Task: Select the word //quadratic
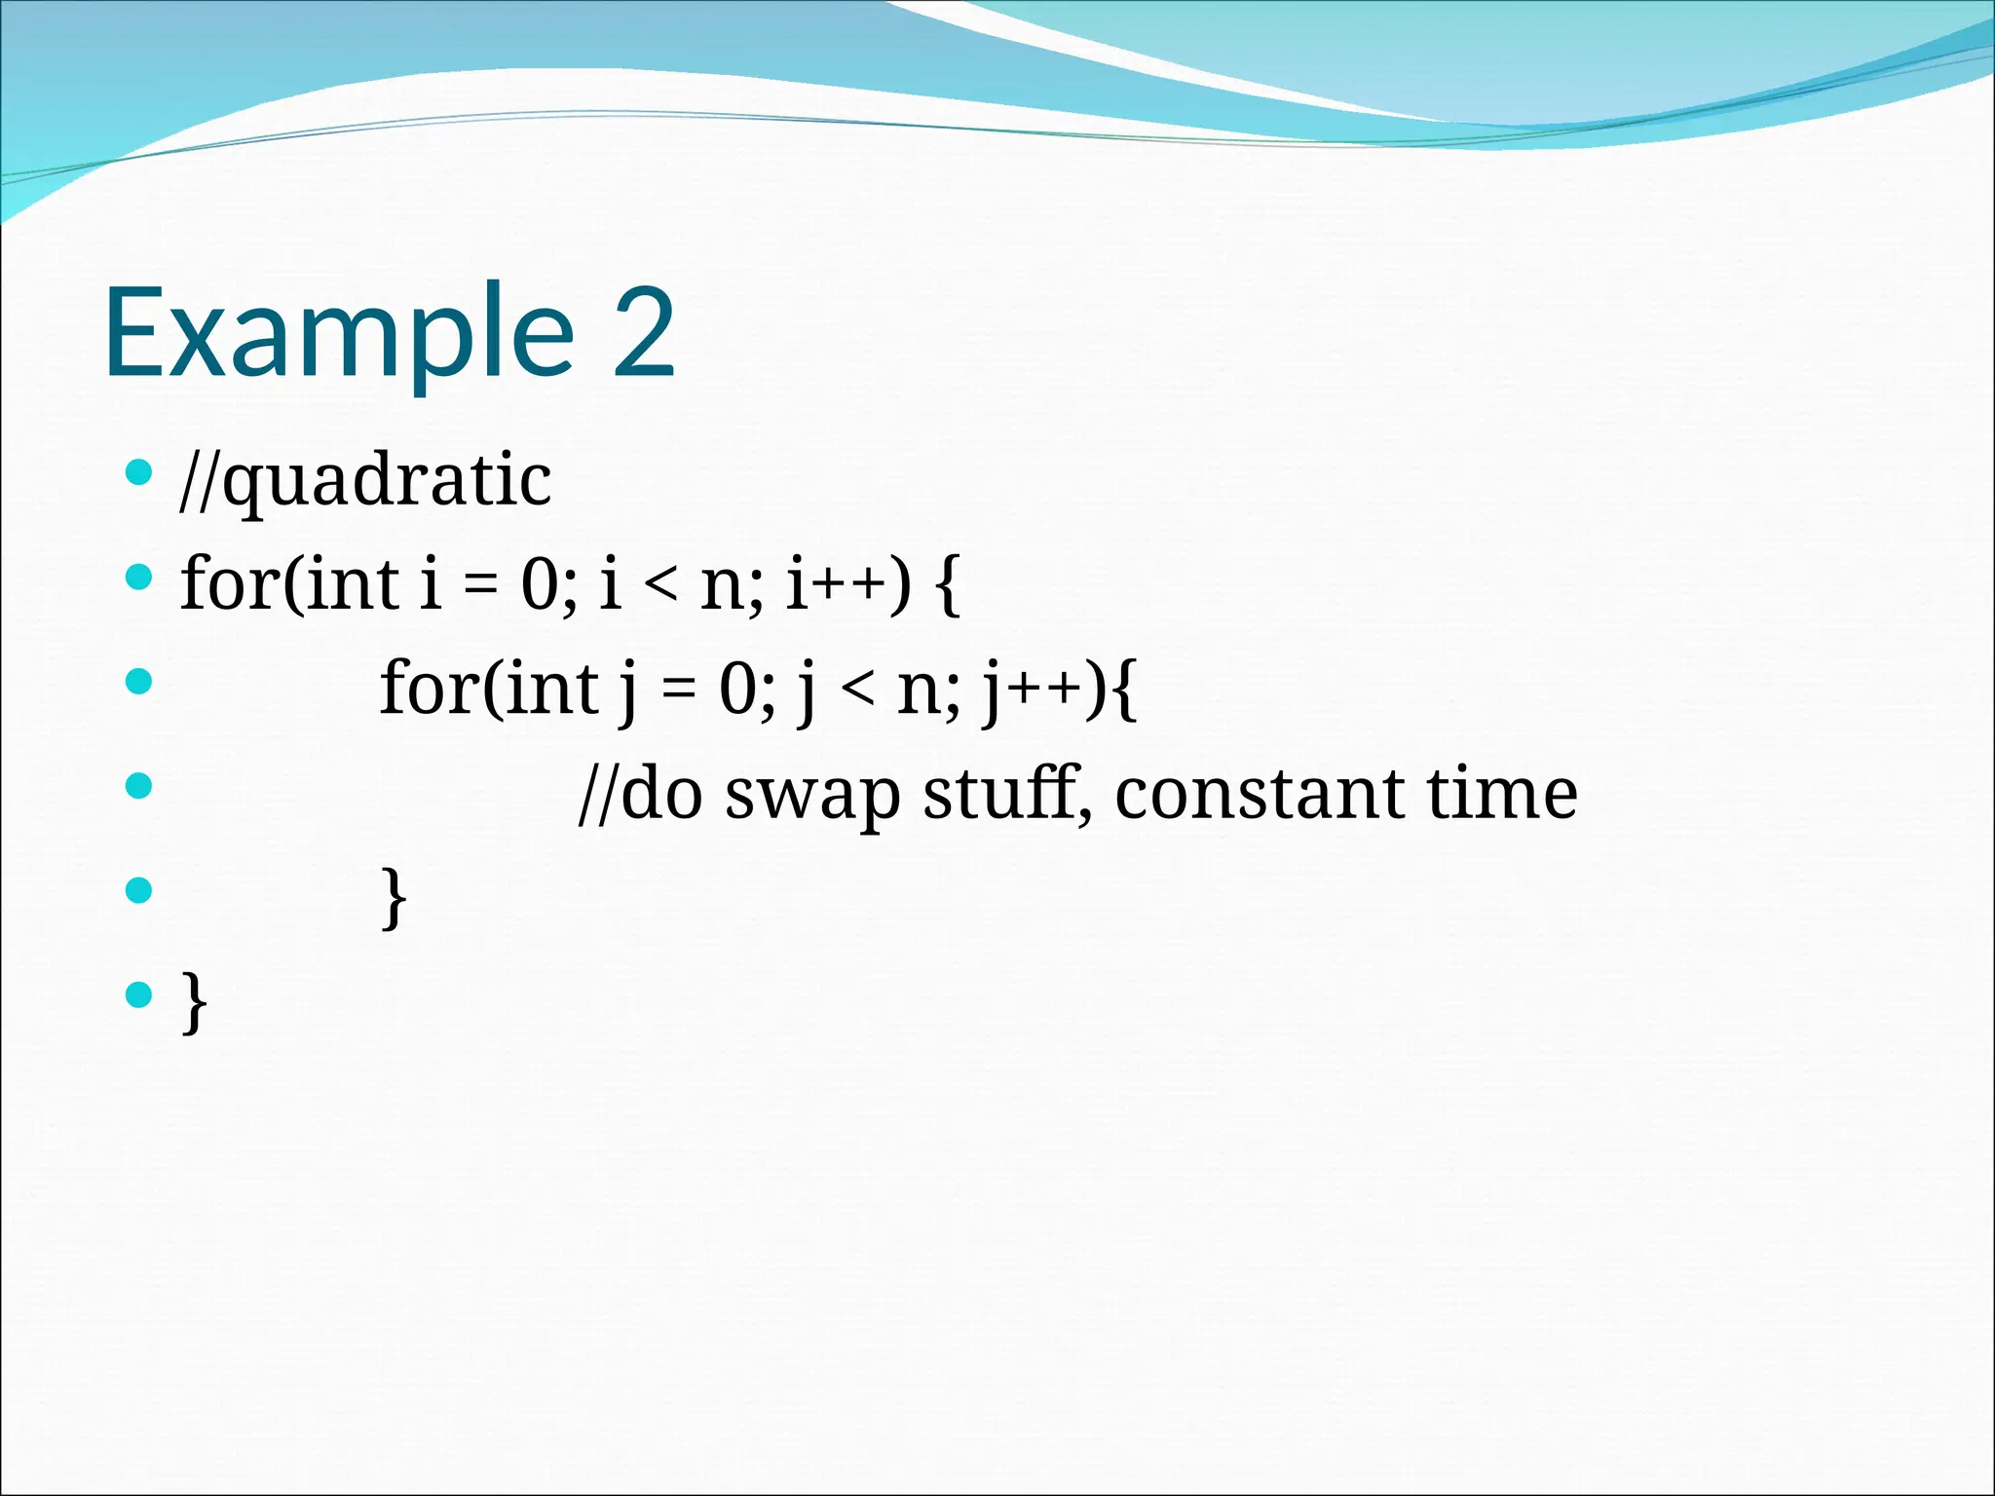click(365, 480)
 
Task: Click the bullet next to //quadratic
click(139, 473)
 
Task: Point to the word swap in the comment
click(812, 795)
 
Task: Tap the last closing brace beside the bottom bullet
click(194, 1002)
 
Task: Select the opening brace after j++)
click(1123, 689)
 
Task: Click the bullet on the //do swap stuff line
click(139, 785)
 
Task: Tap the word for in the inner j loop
click(427, 688)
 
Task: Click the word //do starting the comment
click(640, 793)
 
